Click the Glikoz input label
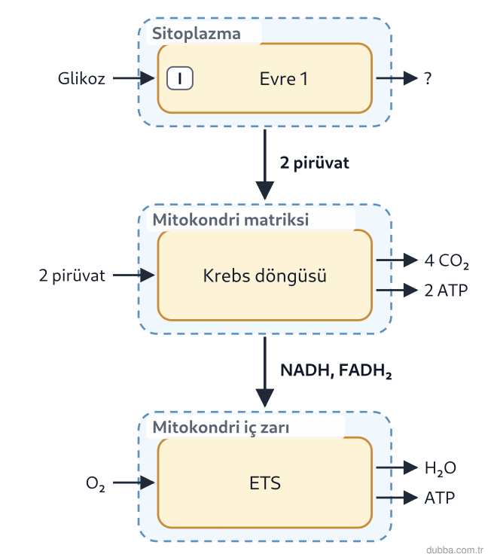(x=81, y=78)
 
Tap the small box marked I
(x=180, y=78)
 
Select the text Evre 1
(x=284, y=79)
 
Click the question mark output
(x=428, y=78)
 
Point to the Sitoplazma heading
(x=197, y=34)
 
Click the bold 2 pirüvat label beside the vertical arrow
(x=315, y=163)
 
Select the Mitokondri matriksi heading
(x=230, y=220)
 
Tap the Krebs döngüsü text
(x=265, y=275)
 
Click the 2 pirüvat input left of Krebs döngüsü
(x=72, y=275)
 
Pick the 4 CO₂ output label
(x=447, y=261)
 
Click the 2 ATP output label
(x=446, y=291)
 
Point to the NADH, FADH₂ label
(x=336, y=371)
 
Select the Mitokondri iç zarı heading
(x=221, y=428)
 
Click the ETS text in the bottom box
(x=265, y=483)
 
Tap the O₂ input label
(x=96, y=483)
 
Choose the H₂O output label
(x=441, y=468)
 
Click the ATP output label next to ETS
(x=440, y=498)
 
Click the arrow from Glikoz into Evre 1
(x=134, y=78)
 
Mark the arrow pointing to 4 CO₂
(x=397, y=260)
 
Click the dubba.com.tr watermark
(x=455, y=550)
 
